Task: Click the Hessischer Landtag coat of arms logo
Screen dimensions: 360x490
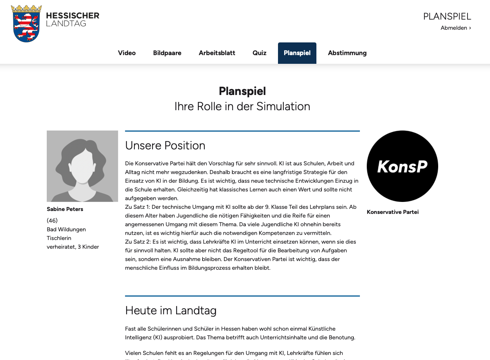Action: pyautogui.click(x=26, y=24)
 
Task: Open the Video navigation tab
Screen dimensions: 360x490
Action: pyautogui.click(x=127, y=53)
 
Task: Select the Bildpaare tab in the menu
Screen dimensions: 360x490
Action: pyautogui.click(x=167, y=53)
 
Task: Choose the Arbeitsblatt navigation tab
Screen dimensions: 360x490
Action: pyautogui.click(x=217, y=53)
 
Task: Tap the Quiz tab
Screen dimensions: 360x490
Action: pyautogui.click(x=259, y=53)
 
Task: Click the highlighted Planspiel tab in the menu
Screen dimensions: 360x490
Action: pyautogui.click(x=297, y=53)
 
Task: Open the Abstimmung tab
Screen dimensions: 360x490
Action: pyautogui.click(x=347, y=53)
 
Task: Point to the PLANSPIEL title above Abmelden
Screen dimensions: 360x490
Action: pyautogui.click(x=447, y=16)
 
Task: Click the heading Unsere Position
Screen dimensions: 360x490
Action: pyautogui.click(x=165, y=145)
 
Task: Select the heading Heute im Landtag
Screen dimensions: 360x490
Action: pyautogui.click(x=171, y=310)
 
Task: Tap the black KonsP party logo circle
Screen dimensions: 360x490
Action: pyautogui.click(x=402, y=166)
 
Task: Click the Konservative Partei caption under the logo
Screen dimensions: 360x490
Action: pyautogui.click(x=393, y=212)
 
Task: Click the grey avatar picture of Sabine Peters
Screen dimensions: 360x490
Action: pyautogui.click(x=82, y=166)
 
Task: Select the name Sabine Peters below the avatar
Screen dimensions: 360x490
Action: pyautogui.click(x=65, y=209)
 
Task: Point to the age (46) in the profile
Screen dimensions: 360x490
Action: pyautogui.click(x=52, y=220)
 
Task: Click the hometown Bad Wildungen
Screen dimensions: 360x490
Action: pyautogui.click(x=66, y=229)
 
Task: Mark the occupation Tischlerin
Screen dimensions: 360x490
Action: pyautogui.click(x=59, y=238)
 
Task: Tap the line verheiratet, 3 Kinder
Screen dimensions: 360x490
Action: pyautogui.click(x=73, y=247)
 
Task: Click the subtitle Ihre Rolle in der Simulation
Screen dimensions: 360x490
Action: pyautogui.click(x=242, y=106)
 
